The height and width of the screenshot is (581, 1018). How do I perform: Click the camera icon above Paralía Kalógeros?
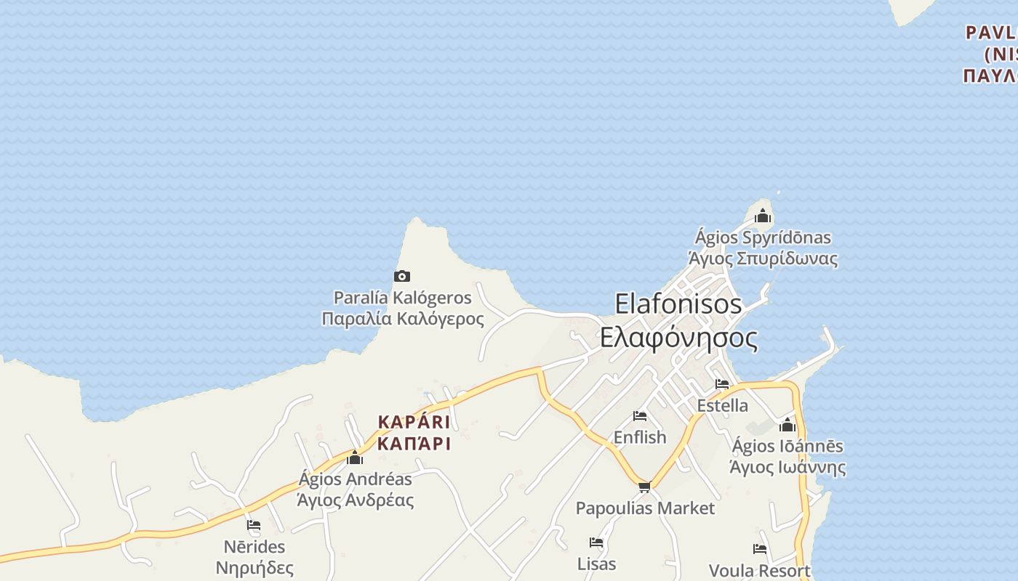401,276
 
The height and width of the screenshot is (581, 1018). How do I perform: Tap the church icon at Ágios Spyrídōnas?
762,216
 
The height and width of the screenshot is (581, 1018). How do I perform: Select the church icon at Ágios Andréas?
355,458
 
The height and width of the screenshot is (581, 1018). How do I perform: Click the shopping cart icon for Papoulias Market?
644,487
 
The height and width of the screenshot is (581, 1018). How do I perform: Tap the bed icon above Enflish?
640,416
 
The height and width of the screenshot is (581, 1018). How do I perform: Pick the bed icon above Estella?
722,384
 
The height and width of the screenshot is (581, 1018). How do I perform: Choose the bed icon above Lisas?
596,543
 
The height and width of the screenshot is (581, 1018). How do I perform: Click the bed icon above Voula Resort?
760,549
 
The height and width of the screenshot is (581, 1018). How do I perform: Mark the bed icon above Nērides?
254,525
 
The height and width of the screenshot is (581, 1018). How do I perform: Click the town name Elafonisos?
678,304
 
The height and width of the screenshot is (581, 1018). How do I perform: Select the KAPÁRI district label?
414,423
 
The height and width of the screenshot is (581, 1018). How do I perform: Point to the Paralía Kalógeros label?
402,298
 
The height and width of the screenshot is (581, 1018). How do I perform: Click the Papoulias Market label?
645,508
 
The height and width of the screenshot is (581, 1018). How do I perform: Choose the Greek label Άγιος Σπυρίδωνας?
763,259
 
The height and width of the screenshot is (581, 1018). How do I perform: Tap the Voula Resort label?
759,571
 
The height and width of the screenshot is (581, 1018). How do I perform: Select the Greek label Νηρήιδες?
254,568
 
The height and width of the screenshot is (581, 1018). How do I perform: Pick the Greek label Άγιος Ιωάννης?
787,467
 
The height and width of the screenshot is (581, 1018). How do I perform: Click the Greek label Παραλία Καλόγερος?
402,319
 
